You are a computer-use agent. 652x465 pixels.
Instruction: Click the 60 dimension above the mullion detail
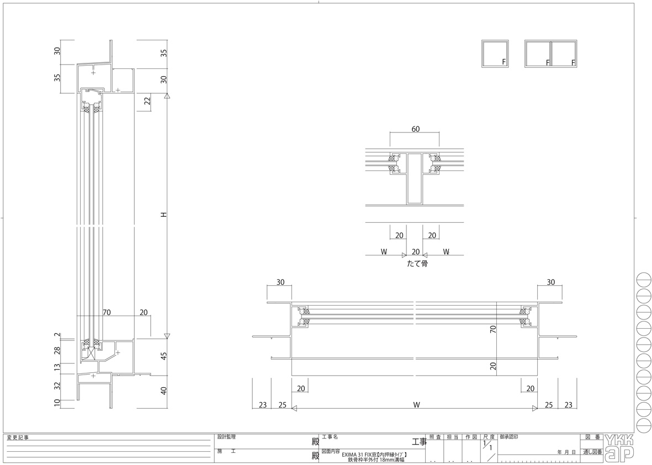coord(415,129)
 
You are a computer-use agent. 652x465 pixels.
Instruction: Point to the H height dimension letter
coord(163,214)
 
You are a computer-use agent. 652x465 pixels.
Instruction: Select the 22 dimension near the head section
coord(147,101)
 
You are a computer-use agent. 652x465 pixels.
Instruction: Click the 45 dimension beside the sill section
coord(163,356)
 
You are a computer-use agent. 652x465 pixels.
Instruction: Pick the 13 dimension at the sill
coord(57,367)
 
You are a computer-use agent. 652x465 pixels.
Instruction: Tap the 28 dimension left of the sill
coord(57,350)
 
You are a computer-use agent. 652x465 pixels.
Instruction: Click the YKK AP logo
coord(619,447)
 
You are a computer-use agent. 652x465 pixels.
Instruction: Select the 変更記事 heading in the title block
coord(18,437)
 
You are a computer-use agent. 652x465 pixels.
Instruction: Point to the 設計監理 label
coord(226,436)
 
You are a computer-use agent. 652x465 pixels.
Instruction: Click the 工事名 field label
coord(330,436)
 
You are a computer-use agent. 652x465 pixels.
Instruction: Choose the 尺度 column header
coord(489,437)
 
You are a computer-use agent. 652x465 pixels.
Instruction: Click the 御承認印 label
coord(508,436)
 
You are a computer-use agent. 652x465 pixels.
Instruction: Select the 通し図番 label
coord(591,452)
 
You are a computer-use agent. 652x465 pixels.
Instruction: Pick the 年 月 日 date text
coord(567,452)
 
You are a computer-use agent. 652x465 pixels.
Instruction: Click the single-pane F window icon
coord(495,54)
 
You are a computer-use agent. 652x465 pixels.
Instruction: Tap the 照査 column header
coord(435,437)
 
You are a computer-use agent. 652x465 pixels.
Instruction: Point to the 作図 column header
coord(470,437)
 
